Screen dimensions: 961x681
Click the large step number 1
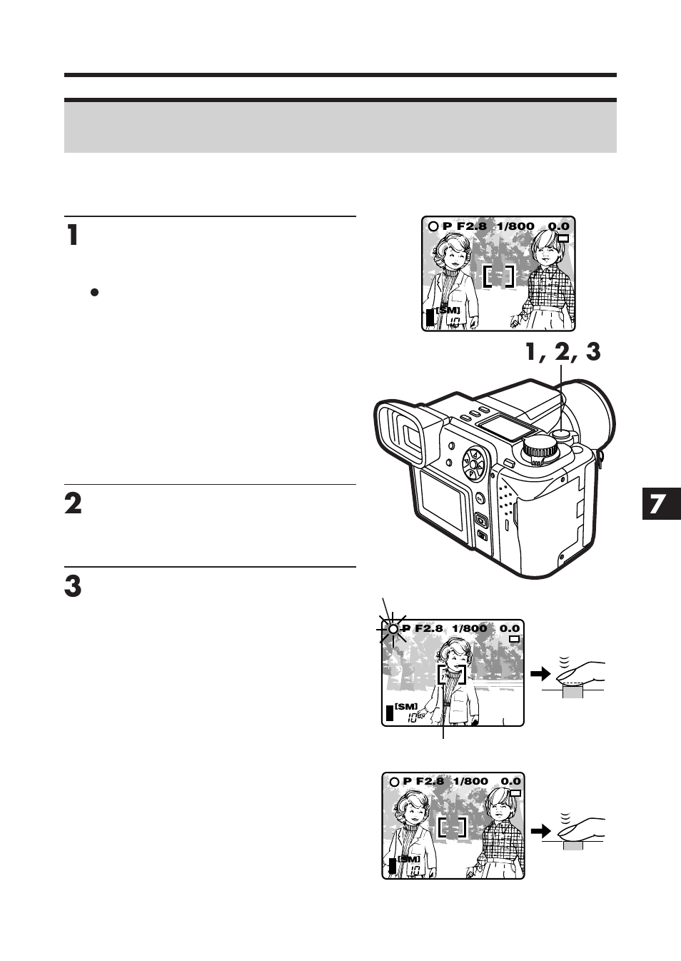72,235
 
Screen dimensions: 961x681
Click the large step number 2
73,503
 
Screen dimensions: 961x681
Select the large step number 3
73,586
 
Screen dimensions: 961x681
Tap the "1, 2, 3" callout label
563,351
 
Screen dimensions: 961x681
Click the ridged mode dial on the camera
540,449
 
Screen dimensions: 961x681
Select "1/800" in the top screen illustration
515,226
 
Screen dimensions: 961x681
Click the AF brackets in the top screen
498,276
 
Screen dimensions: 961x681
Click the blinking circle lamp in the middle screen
392,629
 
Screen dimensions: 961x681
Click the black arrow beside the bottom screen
541,830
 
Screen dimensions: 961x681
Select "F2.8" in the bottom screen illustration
430,781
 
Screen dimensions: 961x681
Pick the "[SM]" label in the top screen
448,310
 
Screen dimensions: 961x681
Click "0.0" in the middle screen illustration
510,628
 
